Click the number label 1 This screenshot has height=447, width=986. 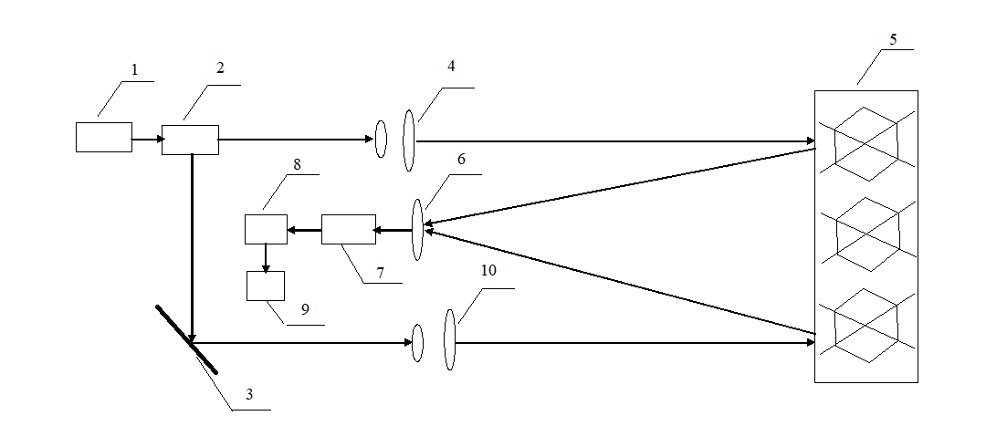[133, 70]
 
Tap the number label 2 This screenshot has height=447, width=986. [220, 68]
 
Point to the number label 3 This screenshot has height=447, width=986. [249, 395]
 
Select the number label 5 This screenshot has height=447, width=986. [893, 39]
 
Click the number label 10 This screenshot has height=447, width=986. [488, 271]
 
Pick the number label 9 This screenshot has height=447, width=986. [306, 309]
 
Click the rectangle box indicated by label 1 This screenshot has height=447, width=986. [104, 138]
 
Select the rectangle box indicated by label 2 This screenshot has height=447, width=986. [191, 140]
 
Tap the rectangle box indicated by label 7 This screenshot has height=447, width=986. [349, 230]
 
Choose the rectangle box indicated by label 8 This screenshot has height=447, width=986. [266, 230]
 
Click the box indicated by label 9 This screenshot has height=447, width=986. [266, 286]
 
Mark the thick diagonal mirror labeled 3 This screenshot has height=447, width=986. [187, 339]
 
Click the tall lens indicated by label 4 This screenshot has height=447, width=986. [409, 140]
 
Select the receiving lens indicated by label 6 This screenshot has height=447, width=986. [417, 230]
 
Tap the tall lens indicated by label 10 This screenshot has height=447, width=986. [449, 339]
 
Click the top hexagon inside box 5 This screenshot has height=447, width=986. [866, 143]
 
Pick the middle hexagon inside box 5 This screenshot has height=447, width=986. [866, 234]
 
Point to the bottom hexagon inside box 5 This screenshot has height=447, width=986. [866, 326]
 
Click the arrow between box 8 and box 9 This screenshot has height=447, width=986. [266, 258]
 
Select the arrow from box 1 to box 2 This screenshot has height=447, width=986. [148, 139]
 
